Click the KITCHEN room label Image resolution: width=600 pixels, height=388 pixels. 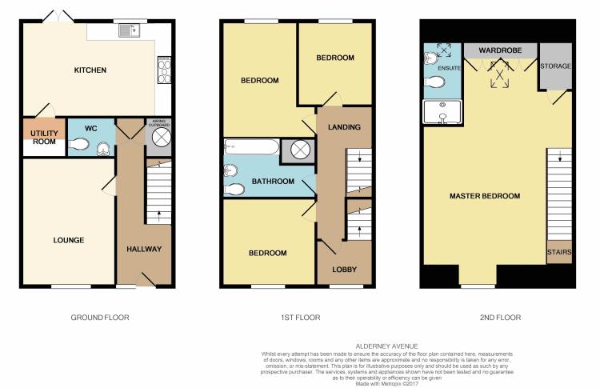click(x=90, y=70)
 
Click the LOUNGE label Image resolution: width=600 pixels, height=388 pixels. click(x=69, y=240)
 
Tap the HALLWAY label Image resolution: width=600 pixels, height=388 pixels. click(x=144, y=250)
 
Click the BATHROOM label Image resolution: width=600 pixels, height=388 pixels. click(x=273, y=182)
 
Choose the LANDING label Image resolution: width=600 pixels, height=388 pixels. click(x=344, y=127)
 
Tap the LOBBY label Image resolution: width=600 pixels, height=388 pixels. click(x=344, y=270)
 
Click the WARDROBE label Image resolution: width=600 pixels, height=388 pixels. click(x=500, y=50)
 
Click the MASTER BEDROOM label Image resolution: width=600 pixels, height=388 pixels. click(x=485, y=196)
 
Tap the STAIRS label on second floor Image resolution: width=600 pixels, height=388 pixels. click(x=559, y=252)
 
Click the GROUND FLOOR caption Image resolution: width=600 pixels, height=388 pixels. click(x=100, y=318)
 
